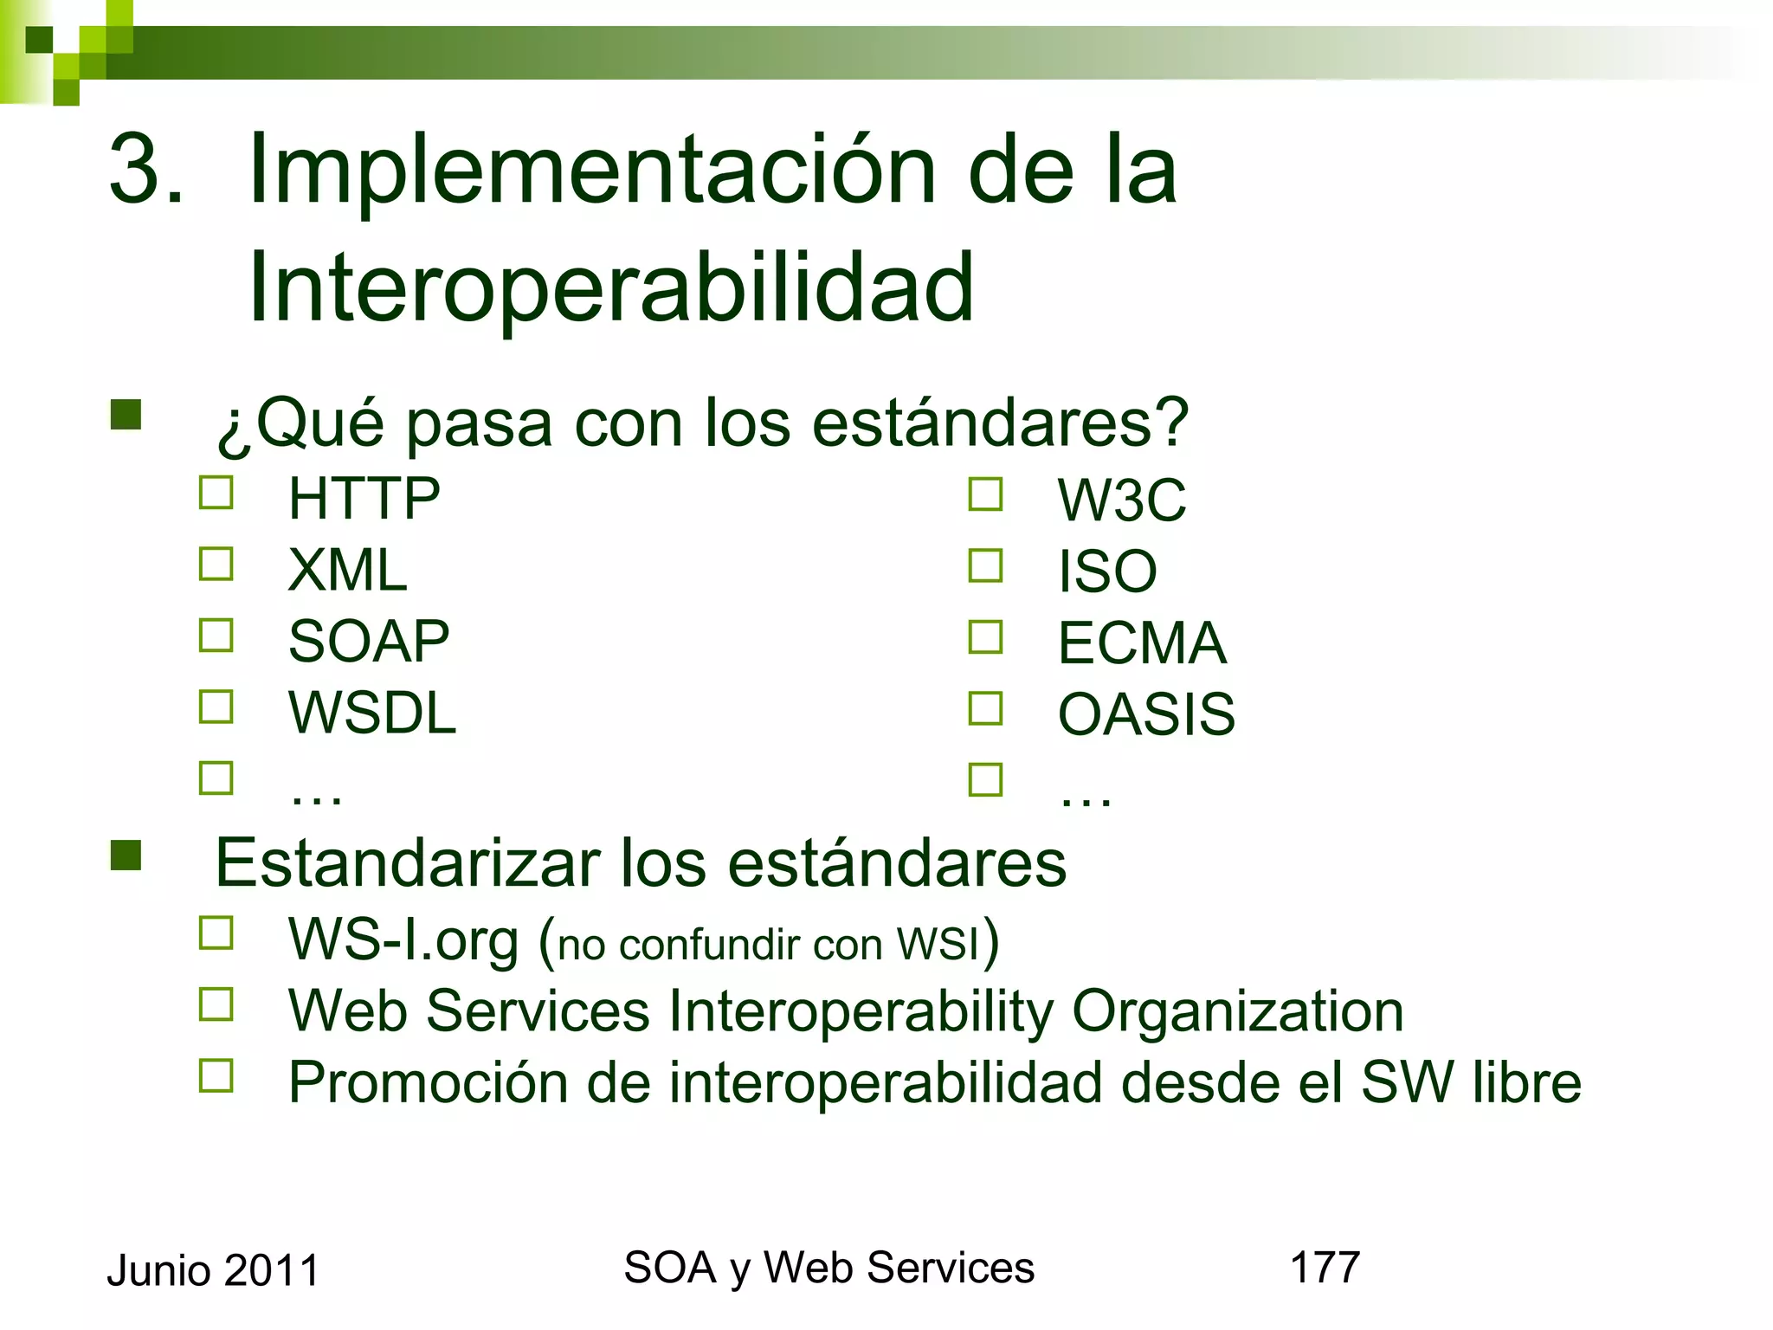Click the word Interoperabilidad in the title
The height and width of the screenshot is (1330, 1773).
[x=611, y=287]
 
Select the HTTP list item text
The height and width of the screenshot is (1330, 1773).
[x=364, y=499]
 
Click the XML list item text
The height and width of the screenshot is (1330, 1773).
[x=347, y=571]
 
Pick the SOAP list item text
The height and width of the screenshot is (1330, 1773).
[x=369, y=642]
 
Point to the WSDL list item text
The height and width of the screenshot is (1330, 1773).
[x=372, y=713]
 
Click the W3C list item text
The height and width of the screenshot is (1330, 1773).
[x=1122, y=500]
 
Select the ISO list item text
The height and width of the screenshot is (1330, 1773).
[x=1107, y=572]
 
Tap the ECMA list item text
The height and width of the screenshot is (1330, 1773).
[x=1142, y=643]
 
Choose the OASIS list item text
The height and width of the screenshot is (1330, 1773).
[x=1146, y=715]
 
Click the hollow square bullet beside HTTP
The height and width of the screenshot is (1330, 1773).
[x=216, y=493]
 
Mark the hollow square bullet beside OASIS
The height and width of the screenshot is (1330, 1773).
[x=985, y=708]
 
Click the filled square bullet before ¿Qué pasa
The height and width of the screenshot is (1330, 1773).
[x=126, y=415]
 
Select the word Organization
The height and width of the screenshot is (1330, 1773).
[x=1237, y=1011]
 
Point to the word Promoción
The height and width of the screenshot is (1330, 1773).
[x=428, y=1082]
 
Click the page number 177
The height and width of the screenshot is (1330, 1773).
[x=1325, y=1268]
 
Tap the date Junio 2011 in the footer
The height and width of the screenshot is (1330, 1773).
[x=213, y=1271]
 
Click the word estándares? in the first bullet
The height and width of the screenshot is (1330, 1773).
[x=1000, y=423]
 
